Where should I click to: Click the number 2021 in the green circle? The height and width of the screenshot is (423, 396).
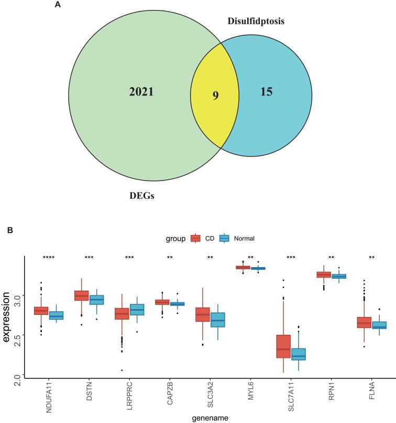pyautogui.click(x=141, y=92)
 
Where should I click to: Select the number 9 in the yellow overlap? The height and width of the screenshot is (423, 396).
pyautogui.click(x=215, y=96)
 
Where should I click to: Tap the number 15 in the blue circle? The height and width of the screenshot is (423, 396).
pyautogui.click(x=267, y=92)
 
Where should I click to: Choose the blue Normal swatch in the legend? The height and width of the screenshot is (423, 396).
pyautogui.click(x=225, y=238)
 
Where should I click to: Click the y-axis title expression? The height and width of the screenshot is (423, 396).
pyautogui.click(x=6, y=317)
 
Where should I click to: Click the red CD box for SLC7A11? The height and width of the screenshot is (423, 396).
pyautogui.click(x=283, y=346)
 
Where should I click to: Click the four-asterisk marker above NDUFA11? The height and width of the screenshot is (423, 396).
pyautogui.click(x=49, y=258)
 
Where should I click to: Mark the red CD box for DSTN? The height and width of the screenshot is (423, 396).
pyautogui.click(x=81, y=295)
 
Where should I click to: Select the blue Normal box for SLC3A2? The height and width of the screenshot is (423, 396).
pyautogui.click(x=217, y=320)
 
